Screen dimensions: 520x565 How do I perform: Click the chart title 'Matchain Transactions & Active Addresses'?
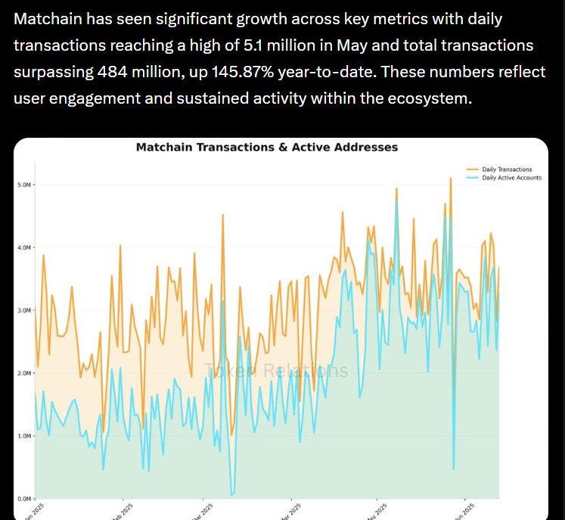(266, 148)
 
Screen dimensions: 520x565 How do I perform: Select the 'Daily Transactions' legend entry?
(506, 170)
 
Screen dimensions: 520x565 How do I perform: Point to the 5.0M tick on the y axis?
(24, 185)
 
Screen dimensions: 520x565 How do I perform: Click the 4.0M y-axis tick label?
(24, 248)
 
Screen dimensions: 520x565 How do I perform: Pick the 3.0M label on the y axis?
(24, 310)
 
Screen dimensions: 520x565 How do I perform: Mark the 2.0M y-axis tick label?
(24, 373)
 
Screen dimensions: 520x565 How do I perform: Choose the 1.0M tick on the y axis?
(24, 436)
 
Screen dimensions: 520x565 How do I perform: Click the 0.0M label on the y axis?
(24, 499)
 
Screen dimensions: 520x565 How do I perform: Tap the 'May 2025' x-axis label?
(376, 512)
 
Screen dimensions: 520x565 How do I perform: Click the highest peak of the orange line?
(451, 178)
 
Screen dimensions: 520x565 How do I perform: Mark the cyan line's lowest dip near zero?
(232, 494)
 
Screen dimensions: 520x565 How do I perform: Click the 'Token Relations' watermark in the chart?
(276, 371)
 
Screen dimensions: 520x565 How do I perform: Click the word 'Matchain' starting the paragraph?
(49, 19)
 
